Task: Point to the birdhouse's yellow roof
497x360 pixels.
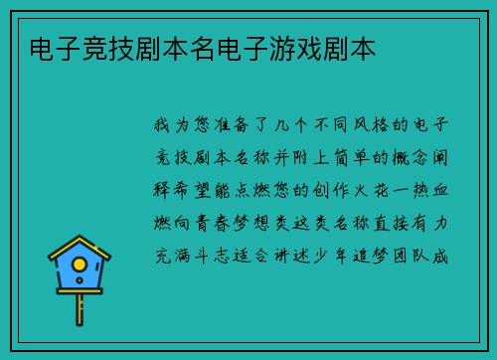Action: coord(80,248)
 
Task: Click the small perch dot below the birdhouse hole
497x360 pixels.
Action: coord(80,282)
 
